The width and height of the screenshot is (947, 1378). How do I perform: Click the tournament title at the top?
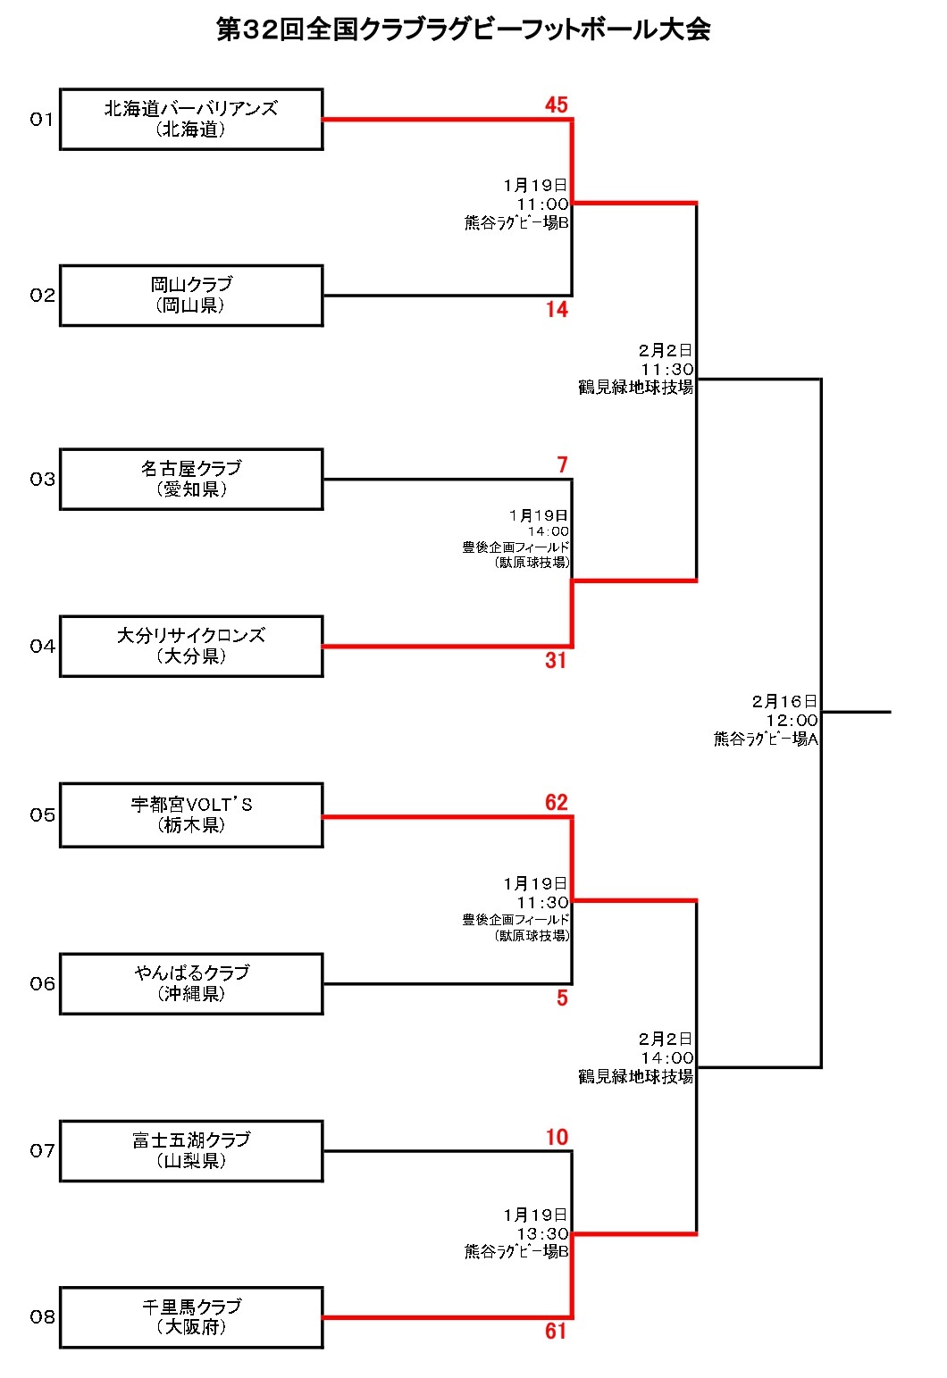click(464, 29)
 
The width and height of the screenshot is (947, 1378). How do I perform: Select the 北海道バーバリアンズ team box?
click(191, 119)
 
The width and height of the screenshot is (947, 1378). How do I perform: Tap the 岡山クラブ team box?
click(191, 295)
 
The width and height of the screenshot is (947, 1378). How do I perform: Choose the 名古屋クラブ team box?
click(191, 479)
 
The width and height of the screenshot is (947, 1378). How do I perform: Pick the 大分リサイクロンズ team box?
click(191, 646)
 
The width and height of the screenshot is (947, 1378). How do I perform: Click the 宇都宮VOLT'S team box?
click(191, 814)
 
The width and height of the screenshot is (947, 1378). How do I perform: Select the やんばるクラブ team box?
click(191, 983)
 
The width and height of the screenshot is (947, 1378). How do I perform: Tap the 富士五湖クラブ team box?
click(191, 1150)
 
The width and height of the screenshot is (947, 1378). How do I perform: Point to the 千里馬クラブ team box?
click(191, 1317)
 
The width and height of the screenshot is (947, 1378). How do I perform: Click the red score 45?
click(557, 105)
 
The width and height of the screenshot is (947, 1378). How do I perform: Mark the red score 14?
click(557, 310)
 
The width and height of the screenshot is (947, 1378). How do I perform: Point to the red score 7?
click(562, 465)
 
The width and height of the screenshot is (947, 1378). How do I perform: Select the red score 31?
click(556, 661)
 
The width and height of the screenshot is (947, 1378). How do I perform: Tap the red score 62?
click(557, 803)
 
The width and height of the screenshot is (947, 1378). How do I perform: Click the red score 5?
click(562, 998)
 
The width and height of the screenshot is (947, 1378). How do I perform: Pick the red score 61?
click(556, 1332)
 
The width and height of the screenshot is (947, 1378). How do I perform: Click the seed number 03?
click(42, 480)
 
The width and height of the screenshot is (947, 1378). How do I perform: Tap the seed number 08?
click(42, 1317)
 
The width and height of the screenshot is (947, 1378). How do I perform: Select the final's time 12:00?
click(792, 721)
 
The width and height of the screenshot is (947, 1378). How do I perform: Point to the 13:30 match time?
click(542, 1233)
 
